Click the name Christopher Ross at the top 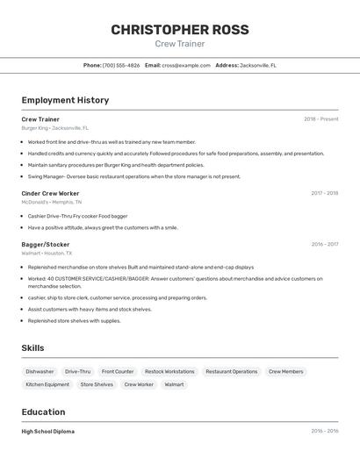tap(180, 29)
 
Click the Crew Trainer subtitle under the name tap(180, 44)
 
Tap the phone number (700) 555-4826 tap(121, 65)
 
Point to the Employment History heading tap(65, 100)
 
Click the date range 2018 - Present tap(320, 119)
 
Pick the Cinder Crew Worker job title tap(50, 193)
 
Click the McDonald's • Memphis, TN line tap(51, 202)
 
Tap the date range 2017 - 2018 tap(324, 193)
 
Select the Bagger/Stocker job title tap(46, 245)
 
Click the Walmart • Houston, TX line tap(47, 253)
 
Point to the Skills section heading tap(32, 348)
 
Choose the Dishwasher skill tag tap(40, 371)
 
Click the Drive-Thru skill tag tap(77, 371)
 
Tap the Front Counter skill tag tap(118, 371)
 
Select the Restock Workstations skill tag tap(169, 371)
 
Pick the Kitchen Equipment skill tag tap(47, 384)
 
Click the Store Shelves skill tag tap(97, 384)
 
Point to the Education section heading tap(43, 412)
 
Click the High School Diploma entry tap(48, 432)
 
